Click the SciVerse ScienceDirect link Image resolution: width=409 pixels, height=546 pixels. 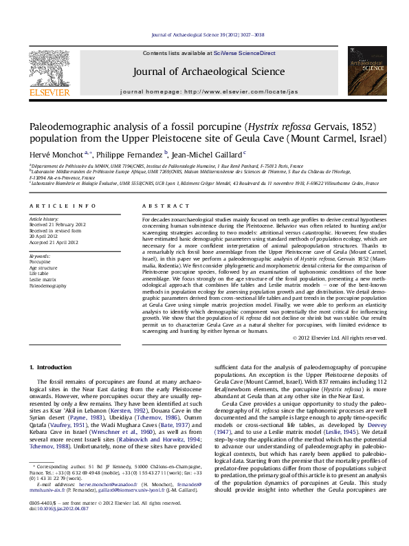click(244, 53)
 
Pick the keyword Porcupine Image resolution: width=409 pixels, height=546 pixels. click(40, 262)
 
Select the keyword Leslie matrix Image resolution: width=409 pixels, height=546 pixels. click(42, 279)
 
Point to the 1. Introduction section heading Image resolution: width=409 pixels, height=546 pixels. click(54, 368)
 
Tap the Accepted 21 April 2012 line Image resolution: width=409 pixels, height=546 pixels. click(55, 241)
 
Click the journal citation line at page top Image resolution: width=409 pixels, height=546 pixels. click(204, 35)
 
